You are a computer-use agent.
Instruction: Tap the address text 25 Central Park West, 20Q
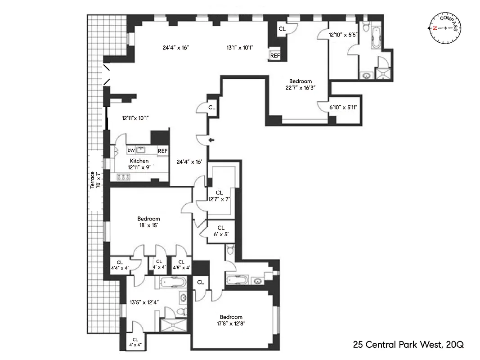click(x=408, y=345)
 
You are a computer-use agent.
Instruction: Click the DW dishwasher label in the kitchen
click(x=131, y=150)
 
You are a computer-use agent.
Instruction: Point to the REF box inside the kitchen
click(x=162, y=151)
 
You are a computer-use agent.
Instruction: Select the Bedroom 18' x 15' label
click(x=148, y=222)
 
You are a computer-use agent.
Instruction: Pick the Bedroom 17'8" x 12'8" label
click(x=232, y=320)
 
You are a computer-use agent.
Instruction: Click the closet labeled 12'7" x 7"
click(x=219, y=196)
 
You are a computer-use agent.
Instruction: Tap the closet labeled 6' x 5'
click(x=220, y=231)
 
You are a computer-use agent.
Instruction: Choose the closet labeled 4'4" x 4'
click(x=120, y=265)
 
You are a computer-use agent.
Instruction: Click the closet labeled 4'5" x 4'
click(x=181, y=265)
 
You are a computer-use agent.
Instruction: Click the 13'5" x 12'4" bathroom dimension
click(x=144, y=302)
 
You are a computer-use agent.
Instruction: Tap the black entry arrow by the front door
click(x=212, y=140)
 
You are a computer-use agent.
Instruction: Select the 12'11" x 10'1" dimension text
click(x=135, y=118)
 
